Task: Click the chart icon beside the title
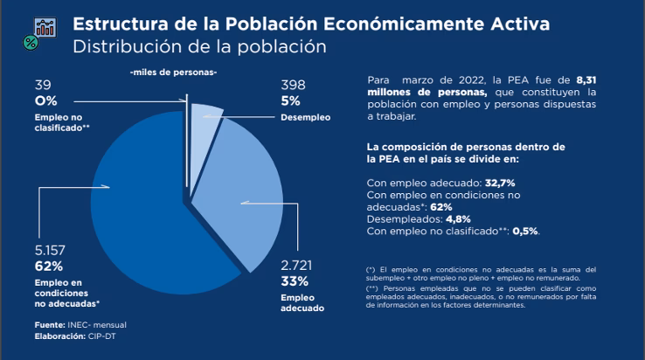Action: [x=43, y=26]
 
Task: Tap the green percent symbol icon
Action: [x=31, y=41]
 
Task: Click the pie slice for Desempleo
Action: [x=207, y=121]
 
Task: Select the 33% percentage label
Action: [x=295, y=280]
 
